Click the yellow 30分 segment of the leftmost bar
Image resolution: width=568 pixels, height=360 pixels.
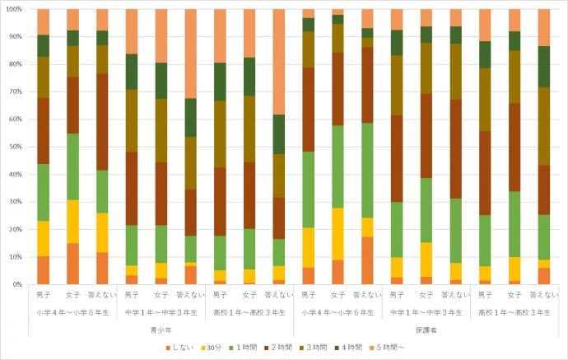[x=44, y=238]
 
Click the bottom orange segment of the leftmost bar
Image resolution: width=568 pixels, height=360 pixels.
[x=44, y=270]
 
